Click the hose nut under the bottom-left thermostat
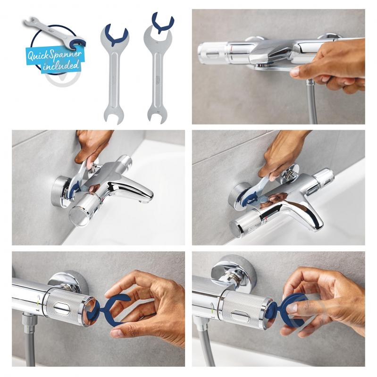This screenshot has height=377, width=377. [29, 321]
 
